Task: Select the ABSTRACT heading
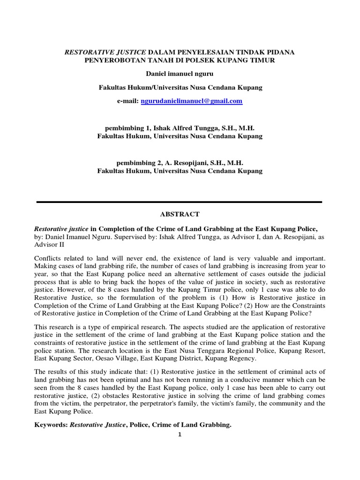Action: point(180,214)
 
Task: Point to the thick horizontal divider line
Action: point(180,202)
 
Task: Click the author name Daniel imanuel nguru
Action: point(180,74)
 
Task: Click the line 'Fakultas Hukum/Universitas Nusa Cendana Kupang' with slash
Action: point(180,88)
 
